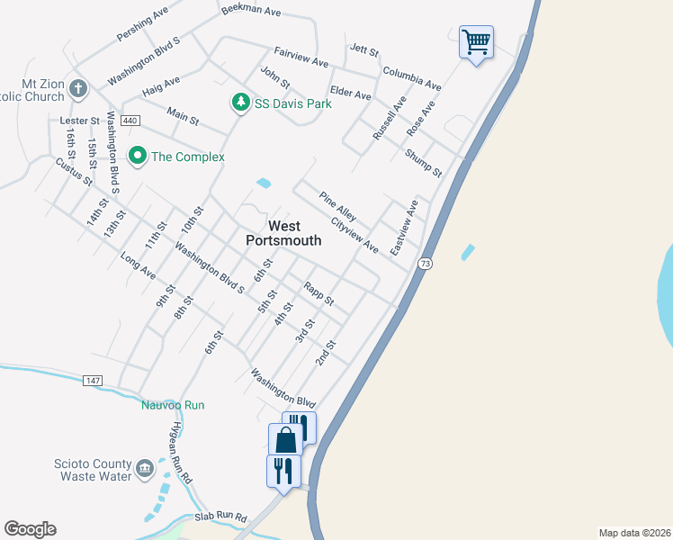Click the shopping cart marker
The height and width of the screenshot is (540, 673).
tap(476, 41)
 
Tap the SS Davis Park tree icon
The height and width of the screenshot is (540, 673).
tap(240, 103)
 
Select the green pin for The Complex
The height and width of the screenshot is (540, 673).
tap(138, 157)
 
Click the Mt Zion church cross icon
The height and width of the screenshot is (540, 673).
tap(78, 89)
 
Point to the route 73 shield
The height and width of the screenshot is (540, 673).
tap(426, 263)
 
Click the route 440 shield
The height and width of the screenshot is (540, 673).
tap(130, 120)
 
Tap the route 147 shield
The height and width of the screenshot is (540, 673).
tap(94, 381)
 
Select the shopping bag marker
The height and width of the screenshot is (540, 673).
tap(285, 440)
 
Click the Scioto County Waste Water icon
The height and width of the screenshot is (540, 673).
tap(145, 469)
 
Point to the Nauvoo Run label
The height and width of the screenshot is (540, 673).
tap(173, 405)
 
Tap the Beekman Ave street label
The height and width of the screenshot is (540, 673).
tap(251, 13)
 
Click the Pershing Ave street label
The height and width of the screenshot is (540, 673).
tap(142, 27)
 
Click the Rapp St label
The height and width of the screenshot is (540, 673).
tap(319, 293)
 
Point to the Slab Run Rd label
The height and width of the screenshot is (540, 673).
tap(220, 518)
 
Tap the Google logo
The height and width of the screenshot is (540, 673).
tap(31, 529)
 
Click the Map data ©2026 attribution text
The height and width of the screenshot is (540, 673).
tap(634, 532)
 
